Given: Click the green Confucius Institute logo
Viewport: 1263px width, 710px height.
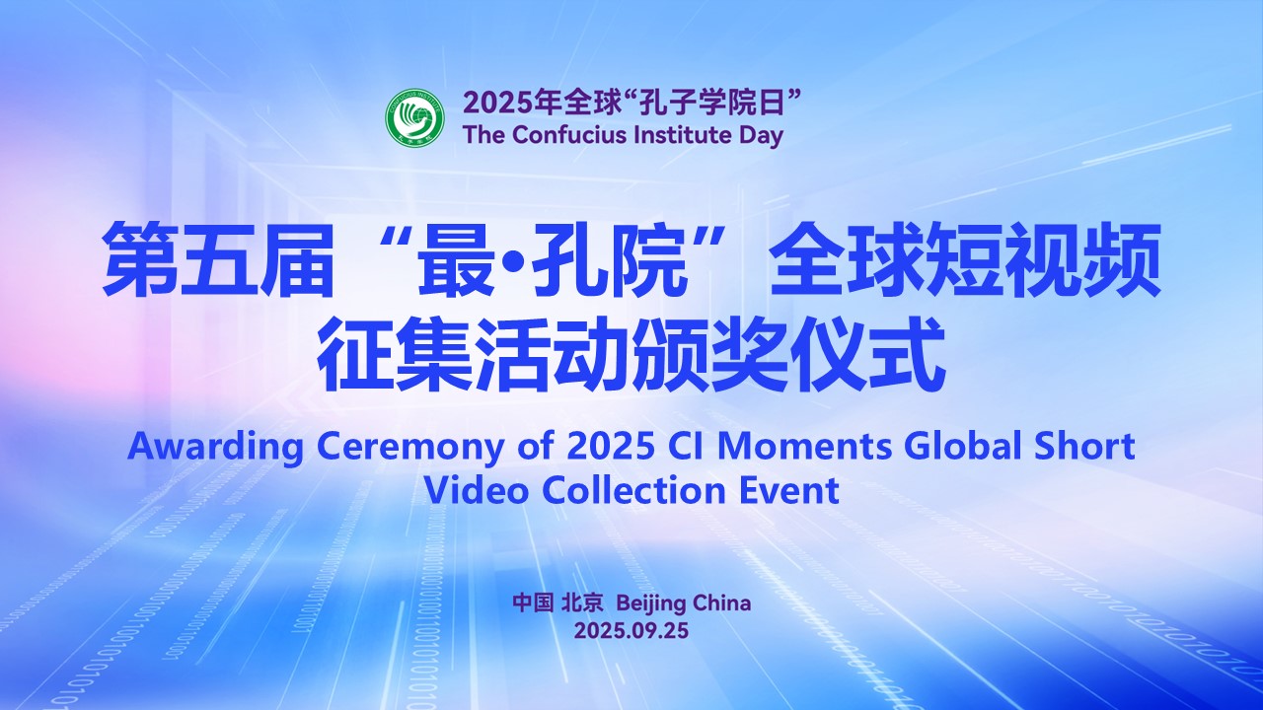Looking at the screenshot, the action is pos(415,116).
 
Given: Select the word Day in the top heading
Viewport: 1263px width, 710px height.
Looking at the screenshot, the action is pos(761,136).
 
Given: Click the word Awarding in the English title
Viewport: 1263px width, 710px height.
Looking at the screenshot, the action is pos(215,448).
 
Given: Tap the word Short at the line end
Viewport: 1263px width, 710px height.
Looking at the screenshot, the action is pos(1086,446).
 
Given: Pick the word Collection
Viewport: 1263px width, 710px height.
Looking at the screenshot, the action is pos(633,490).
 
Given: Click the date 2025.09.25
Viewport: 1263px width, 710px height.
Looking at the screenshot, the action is pos(631,630).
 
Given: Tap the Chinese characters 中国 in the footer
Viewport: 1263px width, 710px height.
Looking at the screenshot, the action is pos(533,603).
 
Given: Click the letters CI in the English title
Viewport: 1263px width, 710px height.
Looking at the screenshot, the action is pos(686,447).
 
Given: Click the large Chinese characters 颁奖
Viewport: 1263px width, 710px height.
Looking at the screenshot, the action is pos(711,354).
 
